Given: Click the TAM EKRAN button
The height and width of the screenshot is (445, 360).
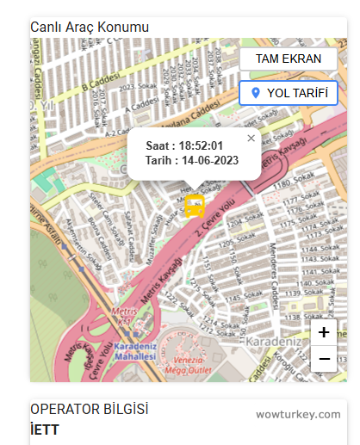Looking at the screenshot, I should tap(289, 59).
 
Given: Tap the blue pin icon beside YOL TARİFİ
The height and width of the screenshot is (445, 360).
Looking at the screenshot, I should tap(255, 93).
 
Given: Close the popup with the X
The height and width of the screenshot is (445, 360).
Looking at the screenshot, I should tap(251, 138).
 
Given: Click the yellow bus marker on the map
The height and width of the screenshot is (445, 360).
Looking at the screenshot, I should tap(195, 207).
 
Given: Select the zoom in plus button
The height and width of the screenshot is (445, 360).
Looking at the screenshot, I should tap(324, 332).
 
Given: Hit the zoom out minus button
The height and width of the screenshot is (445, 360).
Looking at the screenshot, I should tap(324, 358).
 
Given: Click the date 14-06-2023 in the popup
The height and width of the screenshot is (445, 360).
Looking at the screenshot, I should tap(204, 160).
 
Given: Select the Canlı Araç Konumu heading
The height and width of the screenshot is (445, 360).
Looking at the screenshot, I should tap(90, 27).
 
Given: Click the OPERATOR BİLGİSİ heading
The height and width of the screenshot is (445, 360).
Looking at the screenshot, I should tap(90, 410).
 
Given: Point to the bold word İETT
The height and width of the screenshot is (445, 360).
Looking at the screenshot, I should tap(45, 430).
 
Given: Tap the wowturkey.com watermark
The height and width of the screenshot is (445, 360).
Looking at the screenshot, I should tap(298, 414).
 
